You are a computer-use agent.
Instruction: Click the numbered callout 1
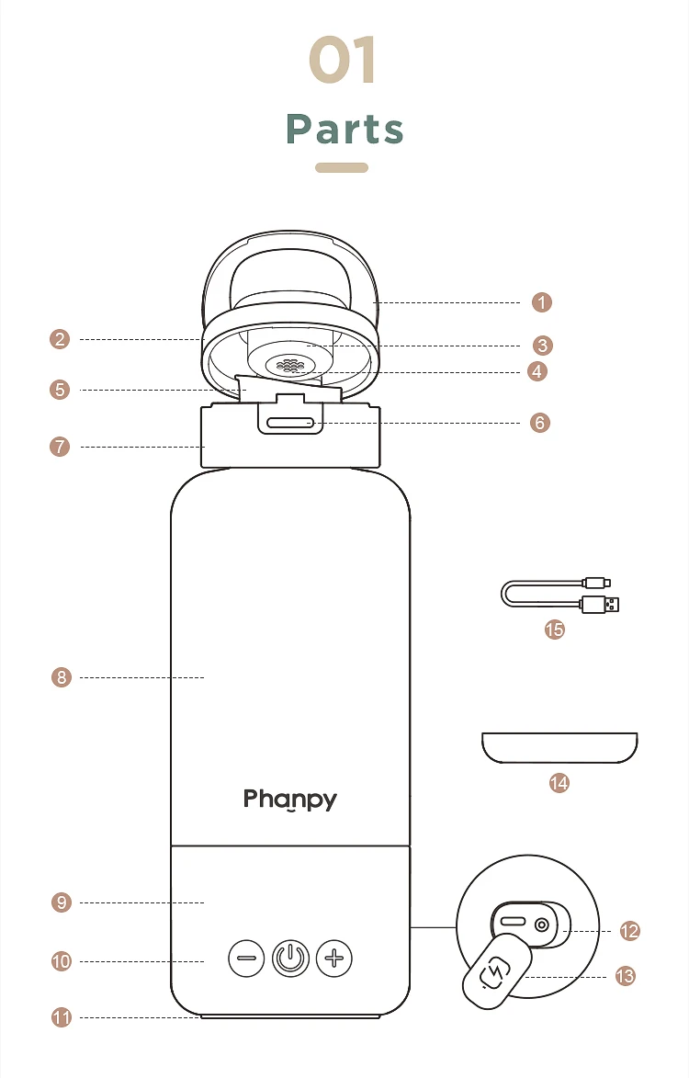[542, 302]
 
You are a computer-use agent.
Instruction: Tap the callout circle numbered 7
[61, 448]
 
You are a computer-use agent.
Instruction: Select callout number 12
[629, 931]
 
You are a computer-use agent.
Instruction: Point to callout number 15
[555, 630]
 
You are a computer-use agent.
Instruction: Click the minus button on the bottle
[246, 959]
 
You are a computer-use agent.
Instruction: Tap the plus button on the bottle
[334, 959]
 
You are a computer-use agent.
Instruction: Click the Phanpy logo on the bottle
[290, 800]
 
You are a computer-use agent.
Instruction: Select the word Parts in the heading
[344, 130]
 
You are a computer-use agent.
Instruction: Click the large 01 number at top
[343, 62]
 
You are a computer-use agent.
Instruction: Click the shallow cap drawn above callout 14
[559, 747]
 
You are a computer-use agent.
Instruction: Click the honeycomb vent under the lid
[290, 365]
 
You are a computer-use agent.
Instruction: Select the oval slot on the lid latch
[290, 424]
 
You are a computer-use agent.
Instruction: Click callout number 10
[61, 961]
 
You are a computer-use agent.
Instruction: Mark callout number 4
[538, 371]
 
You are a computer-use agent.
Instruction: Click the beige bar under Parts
[342, 168]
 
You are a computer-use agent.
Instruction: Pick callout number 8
[61, 678]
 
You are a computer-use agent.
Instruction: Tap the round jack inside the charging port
[542, 925]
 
